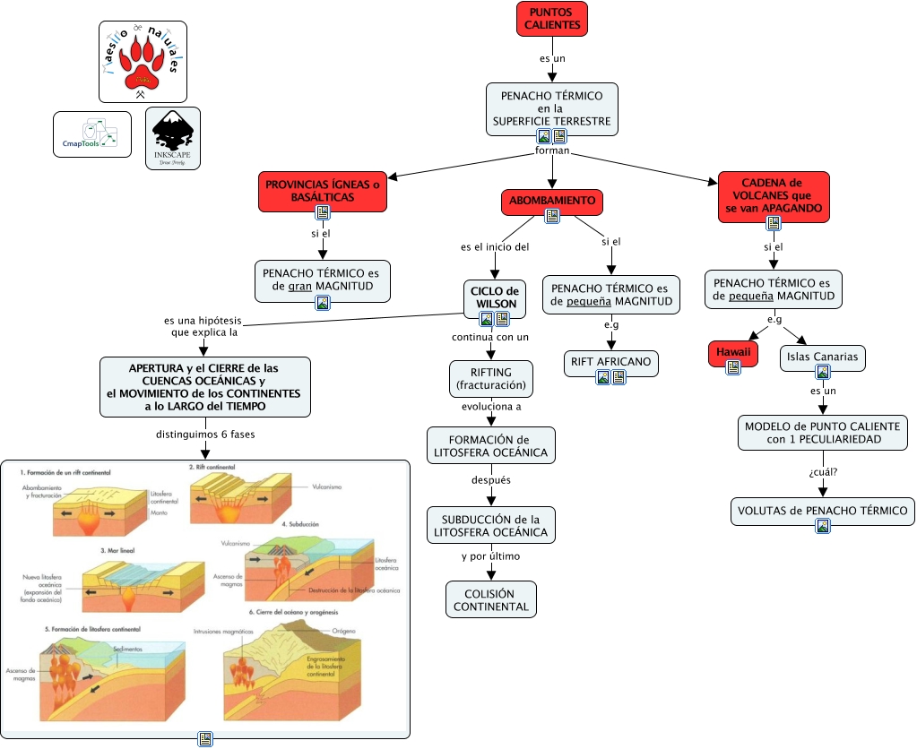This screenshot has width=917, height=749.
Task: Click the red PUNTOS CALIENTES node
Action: (x=551, y=19)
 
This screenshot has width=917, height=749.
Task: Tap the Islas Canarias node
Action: (x=822, y=357)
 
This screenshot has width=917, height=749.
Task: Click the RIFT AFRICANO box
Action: (x=610, y=362)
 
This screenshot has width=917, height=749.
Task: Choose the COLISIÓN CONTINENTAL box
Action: (x=490, y=599)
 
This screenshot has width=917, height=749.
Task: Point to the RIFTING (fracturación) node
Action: (x=490, y=379)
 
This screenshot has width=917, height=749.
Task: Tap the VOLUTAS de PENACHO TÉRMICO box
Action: (x=822, y=511)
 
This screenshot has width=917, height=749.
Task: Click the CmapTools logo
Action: (x=92, y=134)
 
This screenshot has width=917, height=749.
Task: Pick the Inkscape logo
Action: (x=172, y=138)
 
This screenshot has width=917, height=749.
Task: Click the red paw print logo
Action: (x=143, y=61)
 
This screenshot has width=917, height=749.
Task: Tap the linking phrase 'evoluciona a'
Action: (x=490, y=406)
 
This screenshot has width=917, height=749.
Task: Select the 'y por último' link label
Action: (x=490, y=556)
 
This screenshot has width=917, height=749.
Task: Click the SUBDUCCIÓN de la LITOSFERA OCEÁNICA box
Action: (x=490, y=525)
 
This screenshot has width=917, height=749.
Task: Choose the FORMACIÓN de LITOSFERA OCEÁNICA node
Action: (x=490, y=446)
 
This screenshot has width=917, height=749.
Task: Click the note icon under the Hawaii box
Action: (x=733, y=367)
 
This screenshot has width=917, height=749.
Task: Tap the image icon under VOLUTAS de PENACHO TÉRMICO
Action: (x=823, y=526)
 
